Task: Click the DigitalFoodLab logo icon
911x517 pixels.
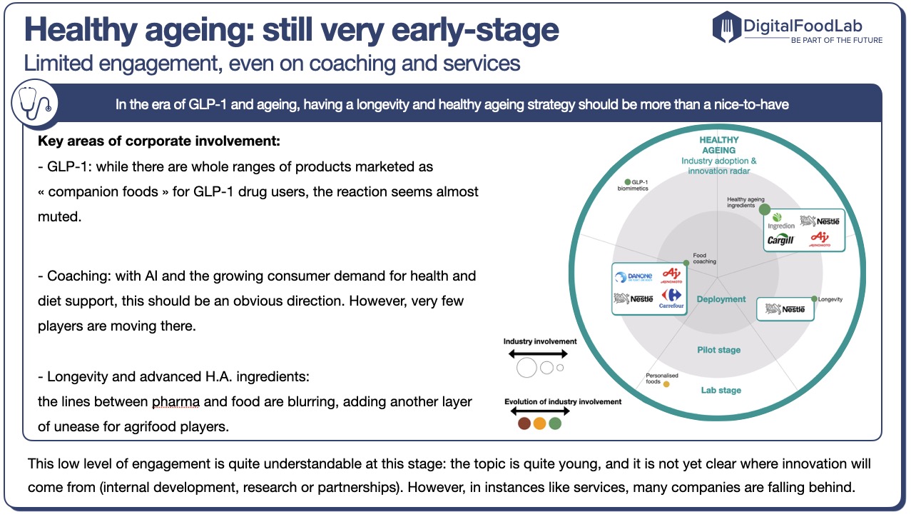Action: pos(727,27)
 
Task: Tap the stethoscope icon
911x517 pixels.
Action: pos(35,104)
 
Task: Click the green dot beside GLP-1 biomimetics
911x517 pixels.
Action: pos(628,182)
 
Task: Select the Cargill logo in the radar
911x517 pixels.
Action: pos(780,240)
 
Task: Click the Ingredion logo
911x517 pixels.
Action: pos(780,221)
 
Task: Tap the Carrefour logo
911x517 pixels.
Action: pos(672,299)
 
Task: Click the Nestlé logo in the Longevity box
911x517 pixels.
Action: pos(785,309)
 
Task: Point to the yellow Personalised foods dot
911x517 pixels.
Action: pos(666,384)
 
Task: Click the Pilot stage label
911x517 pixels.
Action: pos(718,350)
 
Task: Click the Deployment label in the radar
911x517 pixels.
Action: pos(721,299)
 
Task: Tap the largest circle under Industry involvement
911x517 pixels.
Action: pos(527,368)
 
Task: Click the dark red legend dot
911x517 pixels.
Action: pos(524,423)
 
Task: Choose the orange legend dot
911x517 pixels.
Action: pos(539,423)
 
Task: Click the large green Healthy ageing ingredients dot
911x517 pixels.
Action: pos(764,209)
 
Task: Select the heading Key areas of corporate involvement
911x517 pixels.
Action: pos(159,141)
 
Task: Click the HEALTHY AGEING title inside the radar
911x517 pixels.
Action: pos(718,145)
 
